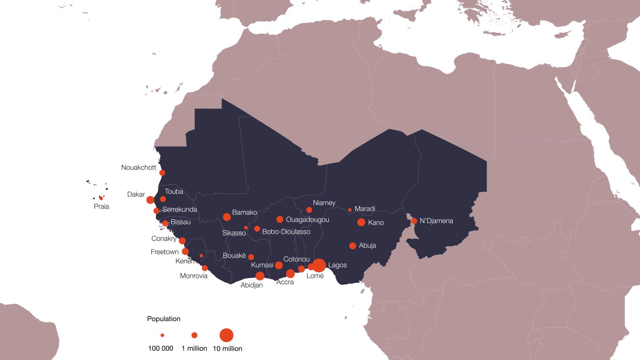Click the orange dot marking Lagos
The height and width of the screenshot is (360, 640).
319,265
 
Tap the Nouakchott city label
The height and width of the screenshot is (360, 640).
139,167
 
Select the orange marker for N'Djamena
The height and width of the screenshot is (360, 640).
414,221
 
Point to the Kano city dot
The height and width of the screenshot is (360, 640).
361,222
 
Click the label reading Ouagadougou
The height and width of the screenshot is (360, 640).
307,220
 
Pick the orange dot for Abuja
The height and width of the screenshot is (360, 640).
353,246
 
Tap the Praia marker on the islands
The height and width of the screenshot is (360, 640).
101,198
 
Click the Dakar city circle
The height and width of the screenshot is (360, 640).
150,200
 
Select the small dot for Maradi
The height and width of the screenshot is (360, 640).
350,210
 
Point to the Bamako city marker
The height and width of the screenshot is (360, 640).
227,217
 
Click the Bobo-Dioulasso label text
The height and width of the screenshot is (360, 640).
286,232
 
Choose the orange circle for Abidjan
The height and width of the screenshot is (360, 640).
260,276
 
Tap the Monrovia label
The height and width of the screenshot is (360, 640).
194,276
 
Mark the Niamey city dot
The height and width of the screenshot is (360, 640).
309,210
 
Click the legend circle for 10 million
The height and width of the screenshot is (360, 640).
227,335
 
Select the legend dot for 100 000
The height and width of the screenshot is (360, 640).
162,335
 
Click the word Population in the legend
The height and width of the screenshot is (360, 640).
164,319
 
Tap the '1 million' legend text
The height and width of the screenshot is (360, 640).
194,349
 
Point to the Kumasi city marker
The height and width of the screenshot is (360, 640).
279,265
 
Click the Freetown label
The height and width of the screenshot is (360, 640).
164,252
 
